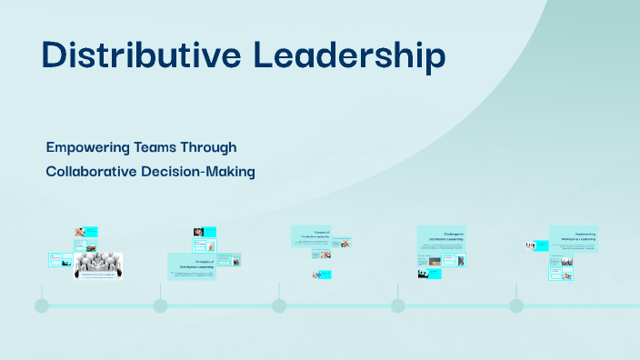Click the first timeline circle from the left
point(42,305)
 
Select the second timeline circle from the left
point(160,305)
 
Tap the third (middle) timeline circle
point(279,305)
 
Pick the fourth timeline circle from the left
point(397,305)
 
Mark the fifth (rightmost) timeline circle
point(516,305)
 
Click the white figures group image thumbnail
point(98,264)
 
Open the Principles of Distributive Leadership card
point(192,265)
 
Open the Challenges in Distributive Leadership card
point(441,237)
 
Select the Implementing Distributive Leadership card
point(573,237)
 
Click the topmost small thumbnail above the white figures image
point(86,231)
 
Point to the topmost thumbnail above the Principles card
point(205,232)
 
